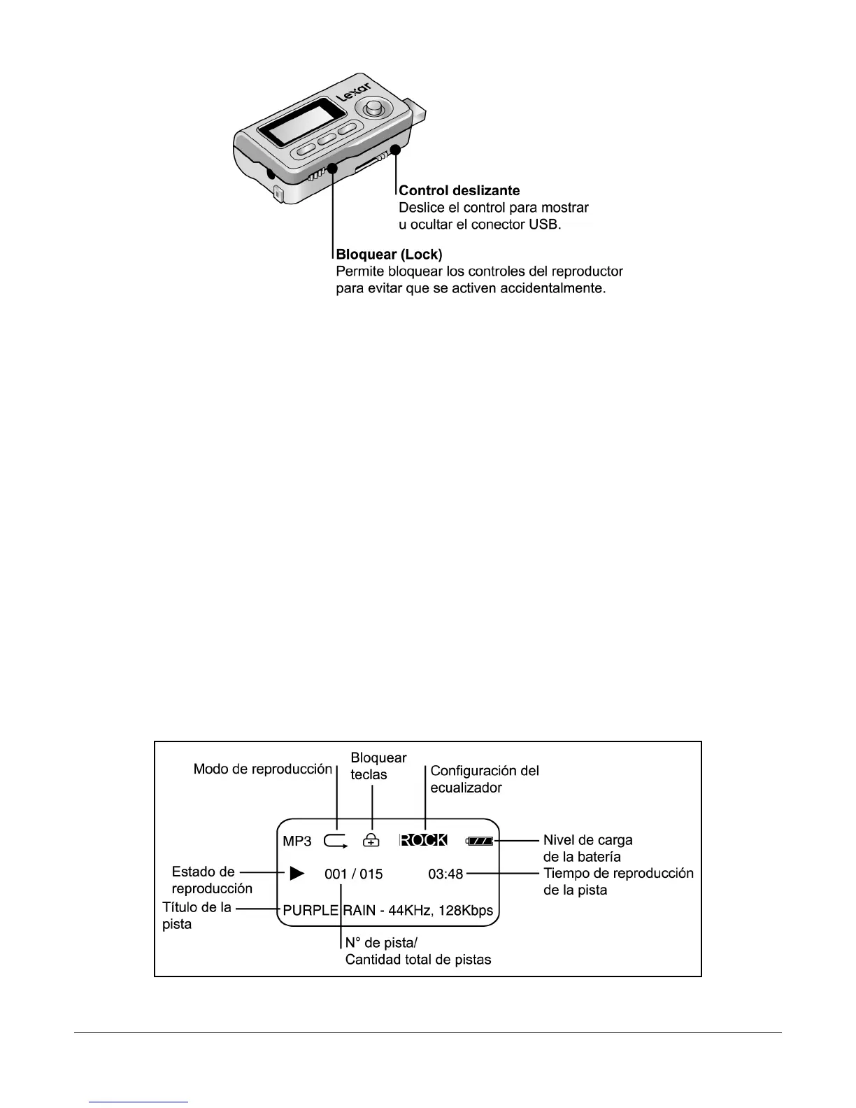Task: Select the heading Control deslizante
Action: point(459,190)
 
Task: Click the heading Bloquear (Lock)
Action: point(390,253)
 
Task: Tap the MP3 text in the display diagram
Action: point(297,841)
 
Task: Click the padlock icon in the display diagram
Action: point(371,840)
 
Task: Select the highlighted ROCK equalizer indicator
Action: point(423,840)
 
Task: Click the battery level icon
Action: point(480,841)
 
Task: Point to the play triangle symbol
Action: point(297,873)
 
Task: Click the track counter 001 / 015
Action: point(353,874)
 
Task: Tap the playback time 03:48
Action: point(445,874)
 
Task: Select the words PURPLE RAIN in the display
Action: point(338,911)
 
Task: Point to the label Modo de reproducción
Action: point(262,769)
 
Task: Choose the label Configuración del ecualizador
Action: point(484,779)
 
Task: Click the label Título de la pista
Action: point(196,916)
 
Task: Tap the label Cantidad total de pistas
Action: point(418,960)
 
